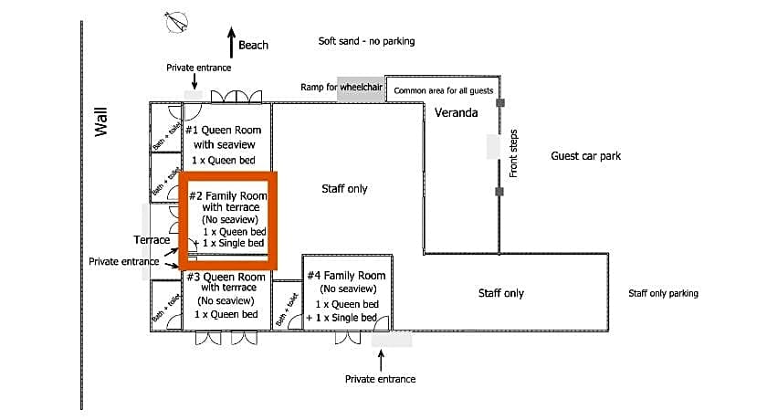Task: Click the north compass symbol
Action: tap(175, 21)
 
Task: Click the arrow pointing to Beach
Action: tap(229, 45)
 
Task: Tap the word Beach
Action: tap(254, 45)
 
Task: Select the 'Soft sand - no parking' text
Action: tap(366, 41)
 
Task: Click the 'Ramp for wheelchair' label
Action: tap(341, 88)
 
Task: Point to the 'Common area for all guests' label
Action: tap(443, 90)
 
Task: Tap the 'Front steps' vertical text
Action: tap(513, 152)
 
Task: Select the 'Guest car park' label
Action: tap(585, 156)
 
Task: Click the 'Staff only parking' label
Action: tap(663, 293)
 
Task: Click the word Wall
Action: tap(102, 122)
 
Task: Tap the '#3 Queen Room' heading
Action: tap(226, 277)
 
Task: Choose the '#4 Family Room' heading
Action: tap(346, 275)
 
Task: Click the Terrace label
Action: tap(152, 240)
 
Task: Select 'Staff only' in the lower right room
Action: tap(501, 293)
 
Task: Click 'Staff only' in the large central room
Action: tap(344, 189)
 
